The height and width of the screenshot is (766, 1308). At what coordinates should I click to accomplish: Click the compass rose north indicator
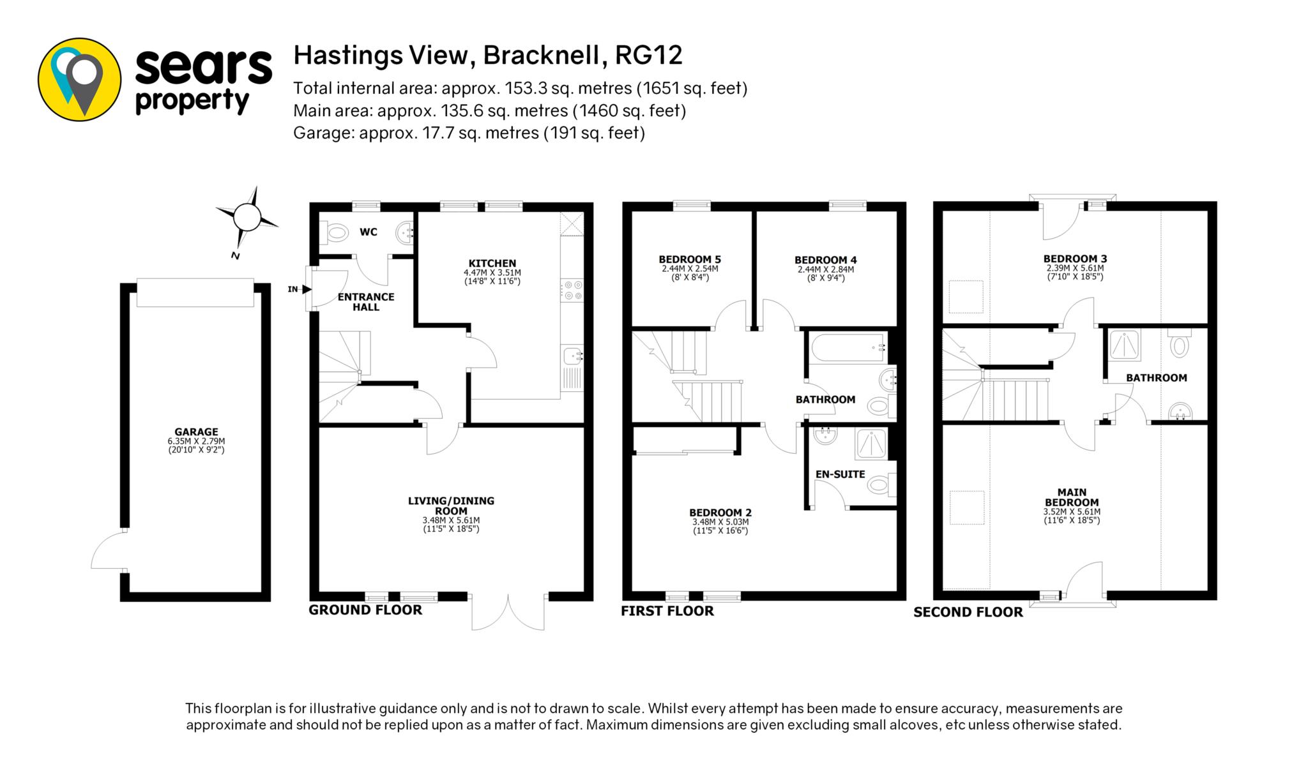(247, 218)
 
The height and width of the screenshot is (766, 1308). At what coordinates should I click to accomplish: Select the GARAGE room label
(197, 432)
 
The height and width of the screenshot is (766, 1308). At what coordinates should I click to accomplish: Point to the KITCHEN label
(492, 263)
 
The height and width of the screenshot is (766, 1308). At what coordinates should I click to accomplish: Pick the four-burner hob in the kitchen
(572, 289)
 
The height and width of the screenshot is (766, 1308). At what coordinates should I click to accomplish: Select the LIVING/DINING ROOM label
(452, 506)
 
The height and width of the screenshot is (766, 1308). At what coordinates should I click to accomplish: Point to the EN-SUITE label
(840, 474)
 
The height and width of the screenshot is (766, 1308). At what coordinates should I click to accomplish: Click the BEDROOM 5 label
(690, 259)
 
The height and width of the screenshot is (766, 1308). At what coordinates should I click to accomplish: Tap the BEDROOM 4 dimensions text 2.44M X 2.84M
(826, 269)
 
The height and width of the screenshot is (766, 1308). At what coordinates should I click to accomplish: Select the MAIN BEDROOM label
(1072, 497)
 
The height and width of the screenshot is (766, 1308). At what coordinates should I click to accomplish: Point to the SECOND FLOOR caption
(968, 612)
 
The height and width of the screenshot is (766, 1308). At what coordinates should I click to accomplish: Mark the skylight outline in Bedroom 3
(965, 297)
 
